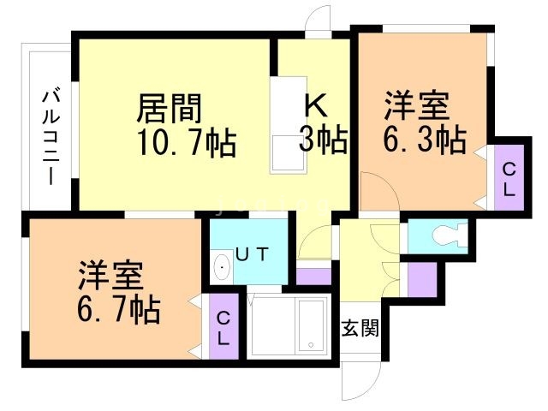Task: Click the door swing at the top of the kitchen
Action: click(319, 19)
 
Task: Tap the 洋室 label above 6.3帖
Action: click(416, 106)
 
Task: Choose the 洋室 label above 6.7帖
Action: click(112, 276)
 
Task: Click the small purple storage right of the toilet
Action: click(422, 277)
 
